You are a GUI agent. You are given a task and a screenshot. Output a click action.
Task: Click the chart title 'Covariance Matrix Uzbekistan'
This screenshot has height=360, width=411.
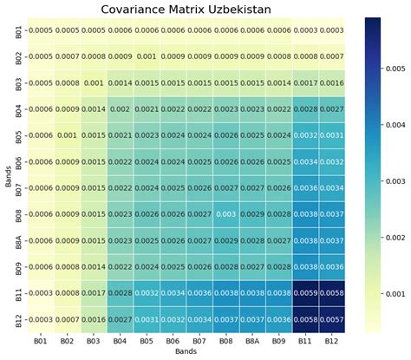click(x=185, y=10)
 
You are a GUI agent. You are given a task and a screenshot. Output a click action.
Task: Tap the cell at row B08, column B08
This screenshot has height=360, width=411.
click(x=225, y=214)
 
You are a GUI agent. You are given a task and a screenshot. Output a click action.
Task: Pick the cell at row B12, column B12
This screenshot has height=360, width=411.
click(x=332, y=319)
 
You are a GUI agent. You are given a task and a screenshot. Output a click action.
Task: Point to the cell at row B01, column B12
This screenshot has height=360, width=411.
click(x=332, y=30)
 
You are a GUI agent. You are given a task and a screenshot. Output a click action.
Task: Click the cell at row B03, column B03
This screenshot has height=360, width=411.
click(x=92, y=82)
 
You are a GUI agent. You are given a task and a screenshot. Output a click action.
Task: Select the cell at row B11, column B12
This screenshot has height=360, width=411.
click(x=332, y=293)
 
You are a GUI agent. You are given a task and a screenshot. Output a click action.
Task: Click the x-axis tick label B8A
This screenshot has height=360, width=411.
click(x=252, y=342)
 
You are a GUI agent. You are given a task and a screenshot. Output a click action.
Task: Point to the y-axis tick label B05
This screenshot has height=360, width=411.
click(x=18, y=135)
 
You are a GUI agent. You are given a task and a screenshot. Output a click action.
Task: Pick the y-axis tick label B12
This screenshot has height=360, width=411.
click(x=18, y=319)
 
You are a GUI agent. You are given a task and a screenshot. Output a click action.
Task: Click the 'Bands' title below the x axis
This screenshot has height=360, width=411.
click(x=185, y=353)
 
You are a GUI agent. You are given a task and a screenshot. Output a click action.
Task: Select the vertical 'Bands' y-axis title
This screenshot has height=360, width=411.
click(x=6, y=174)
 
